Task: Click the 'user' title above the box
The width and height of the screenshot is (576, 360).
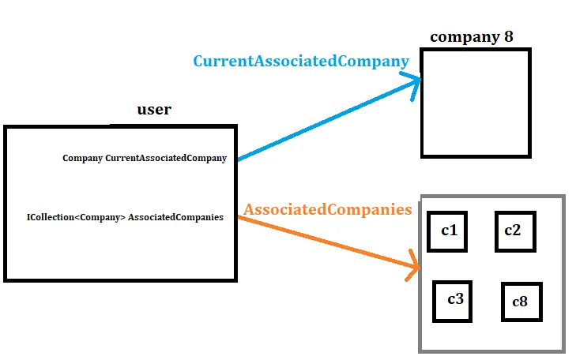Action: (x=153, y=110)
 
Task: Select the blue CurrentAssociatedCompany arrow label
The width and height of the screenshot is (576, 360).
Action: (x=301, y=61)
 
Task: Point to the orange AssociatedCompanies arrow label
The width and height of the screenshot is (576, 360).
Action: (x=327, y=209)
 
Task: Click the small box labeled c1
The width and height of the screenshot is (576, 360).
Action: (x=447, y=231)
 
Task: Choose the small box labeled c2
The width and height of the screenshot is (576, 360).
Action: (x=515, y=231)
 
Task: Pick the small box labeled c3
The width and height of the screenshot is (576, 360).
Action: (x=453, y=301)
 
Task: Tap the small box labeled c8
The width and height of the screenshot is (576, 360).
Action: (x=521, y=302)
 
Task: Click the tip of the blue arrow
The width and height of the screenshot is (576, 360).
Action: (x=420, y=79)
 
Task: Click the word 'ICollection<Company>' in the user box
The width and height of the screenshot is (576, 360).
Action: (x=75, y=217)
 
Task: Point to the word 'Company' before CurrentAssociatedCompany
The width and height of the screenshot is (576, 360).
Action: (x=82, y=158)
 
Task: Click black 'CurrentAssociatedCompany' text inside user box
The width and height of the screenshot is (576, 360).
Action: (x=166, y=158)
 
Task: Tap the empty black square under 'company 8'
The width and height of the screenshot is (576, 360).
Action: (x=475, y=103)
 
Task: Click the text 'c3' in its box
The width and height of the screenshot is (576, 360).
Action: (x=455, y=299)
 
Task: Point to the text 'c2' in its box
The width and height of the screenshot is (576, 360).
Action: (x=513, y=230)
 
